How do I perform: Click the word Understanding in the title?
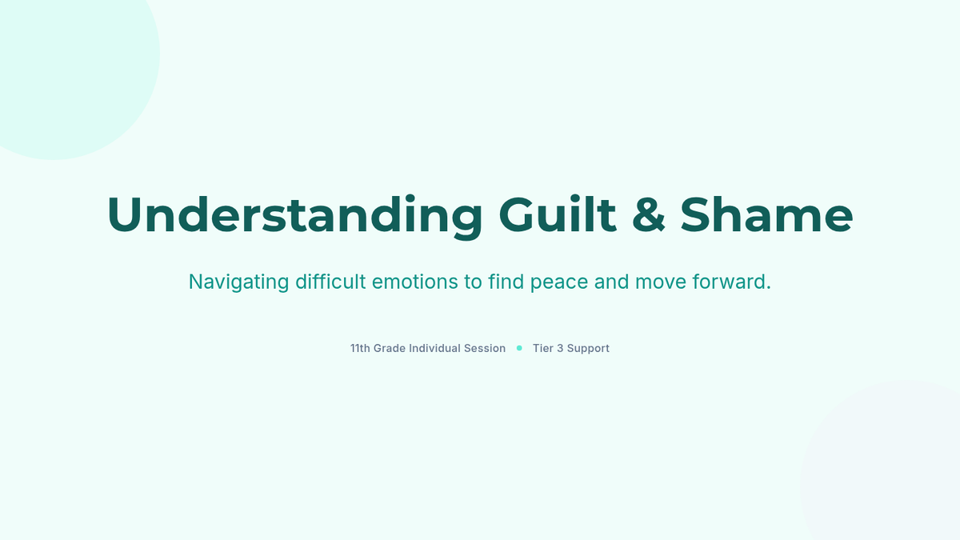[295, 215]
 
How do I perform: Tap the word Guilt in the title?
[558, 214]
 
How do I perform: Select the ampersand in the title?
[649, 214]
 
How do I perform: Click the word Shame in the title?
[766, 214]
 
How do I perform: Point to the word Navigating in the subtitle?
[238, 282]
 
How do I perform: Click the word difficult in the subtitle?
[330, 282]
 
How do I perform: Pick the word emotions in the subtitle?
[415, 282]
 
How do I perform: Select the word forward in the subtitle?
[731, 282]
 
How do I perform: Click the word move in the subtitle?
[661, 282]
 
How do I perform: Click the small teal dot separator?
[519, 348]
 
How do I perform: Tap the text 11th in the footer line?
[360, 348]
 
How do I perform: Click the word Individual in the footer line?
[434, 348]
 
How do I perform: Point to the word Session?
[485, 348]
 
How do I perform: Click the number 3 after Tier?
[560, 348]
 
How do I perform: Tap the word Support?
[589, 349]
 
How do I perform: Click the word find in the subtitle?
[506, 282]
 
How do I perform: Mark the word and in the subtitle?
[611, 282]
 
